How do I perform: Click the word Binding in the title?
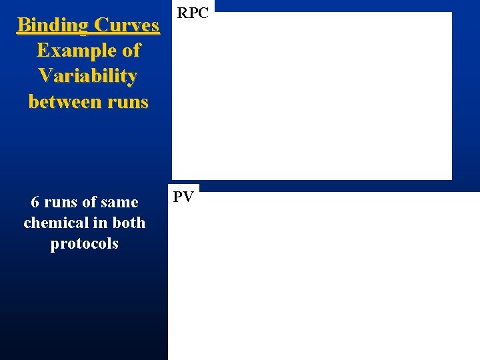53,26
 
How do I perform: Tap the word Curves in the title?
127,26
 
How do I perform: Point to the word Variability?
88,76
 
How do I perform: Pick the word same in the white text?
121,202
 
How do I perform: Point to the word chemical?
52,223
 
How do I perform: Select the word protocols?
85,243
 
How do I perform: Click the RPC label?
193,13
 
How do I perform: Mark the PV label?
183,197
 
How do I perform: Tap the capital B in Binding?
23,26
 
